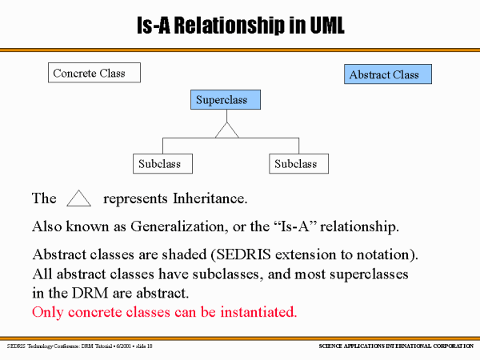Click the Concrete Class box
(x=93, y=73)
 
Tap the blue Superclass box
(x=227, y=100)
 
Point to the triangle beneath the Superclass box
(x=228, y=130)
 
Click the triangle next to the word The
(x=79, y=198)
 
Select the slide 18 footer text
(x=139, y=346)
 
